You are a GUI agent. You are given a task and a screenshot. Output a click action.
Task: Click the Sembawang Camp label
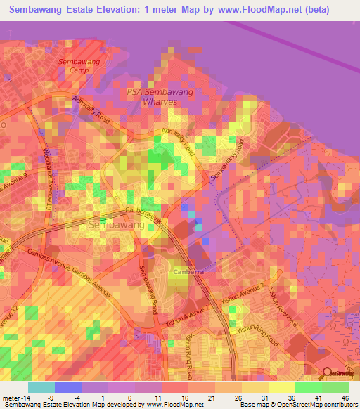pos(79,66)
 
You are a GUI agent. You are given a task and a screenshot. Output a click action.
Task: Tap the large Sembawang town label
pos(117,225)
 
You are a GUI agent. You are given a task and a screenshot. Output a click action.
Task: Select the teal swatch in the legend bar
pos(41,387)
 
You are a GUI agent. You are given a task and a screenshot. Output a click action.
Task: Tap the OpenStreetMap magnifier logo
pos(326,372)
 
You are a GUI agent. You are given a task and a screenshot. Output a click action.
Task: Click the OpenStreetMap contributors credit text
pos(317,405)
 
